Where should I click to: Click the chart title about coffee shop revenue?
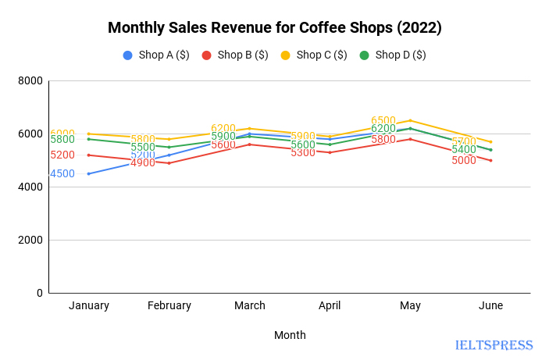point(274,28)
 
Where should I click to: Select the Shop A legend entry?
point(156,55)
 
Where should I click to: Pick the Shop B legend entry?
point(235,55)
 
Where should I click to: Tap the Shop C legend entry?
point(314,55)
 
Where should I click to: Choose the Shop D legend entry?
point(393,55)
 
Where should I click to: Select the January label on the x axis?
point(89,305)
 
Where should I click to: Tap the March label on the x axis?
point(250,305)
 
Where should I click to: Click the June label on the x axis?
point(490,305)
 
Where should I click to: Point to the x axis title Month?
point(290,335)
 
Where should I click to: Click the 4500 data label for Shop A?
point(62,174)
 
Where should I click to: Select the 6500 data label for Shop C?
point(383,121)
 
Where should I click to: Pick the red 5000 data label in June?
point(464,161)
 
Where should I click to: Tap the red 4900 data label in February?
point(143,163)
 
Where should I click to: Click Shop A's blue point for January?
point(89,173)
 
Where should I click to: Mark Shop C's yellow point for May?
point(410,120)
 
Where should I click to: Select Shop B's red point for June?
point(490,160)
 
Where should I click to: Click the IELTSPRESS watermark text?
point(494,345)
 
